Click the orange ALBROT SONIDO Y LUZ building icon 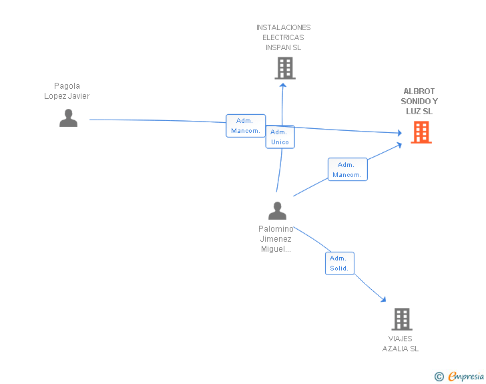421,132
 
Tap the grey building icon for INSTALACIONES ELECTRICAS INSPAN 285,68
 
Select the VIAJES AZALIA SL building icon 402,319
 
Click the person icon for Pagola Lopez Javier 68,118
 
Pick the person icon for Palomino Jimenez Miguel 277,210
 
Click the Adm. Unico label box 280,137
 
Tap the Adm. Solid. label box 339,263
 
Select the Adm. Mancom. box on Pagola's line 246,126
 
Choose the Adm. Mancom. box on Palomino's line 347,170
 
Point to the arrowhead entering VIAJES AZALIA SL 384,299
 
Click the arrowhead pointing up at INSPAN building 282,85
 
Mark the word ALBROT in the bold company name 419,91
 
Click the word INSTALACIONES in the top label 283,27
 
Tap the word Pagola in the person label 67,86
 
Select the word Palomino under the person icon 276,229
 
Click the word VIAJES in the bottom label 400,339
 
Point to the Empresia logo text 466,376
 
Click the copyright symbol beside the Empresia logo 439,377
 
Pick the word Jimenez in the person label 276,239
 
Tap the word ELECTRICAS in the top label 283,37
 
